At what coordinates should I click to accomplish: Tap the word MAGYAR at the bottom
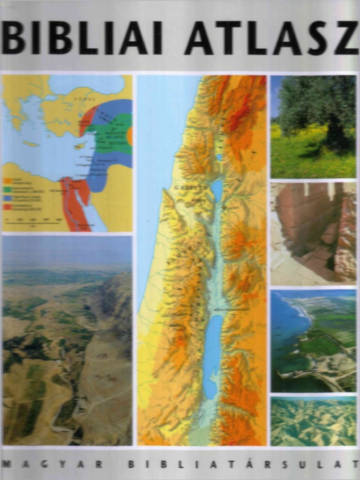click(52, 464)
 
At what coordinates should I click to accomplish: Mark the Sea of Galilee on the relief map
click(217, 190)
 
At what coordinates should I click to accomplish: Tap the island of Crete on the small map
click(30, 143)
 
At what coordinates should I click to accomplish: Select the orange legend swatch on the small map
click(7, 180)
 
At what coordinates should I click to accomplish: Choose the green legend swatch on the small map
click(7, 188)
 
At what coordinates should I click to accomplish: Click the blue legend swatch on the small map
click(7, 197)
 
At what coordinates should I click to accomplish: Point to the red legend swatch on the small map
click(7, 206)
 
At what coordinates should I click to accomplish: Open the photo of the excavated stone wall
click(313, 233)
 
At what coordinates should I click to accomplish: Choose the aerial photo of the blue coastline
click(313, 340)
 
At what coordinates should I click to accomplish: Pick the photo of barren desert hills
click(313, 421)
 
